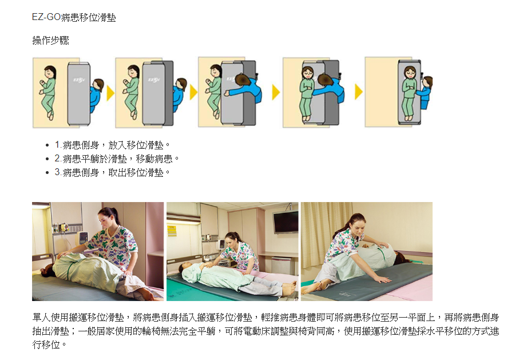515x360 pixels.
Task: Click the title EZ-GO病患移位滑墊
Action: pos(74,17)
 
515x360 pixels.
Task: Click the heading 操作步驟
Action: pos(50,41)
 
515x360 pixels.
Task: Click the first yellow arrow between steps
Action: pos(110,93)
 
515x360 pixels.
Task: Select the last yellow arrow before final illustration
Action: pos(359,92)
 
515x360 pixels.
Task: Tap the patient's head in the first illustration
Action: pos(50,72)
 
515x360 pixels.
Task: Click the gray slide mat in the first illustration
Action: pos(79,94)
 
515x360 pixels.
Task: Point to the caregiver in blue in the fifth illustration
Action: pos(425,92)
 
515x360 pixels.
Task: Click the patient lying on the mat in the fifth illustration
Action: pos(409,94)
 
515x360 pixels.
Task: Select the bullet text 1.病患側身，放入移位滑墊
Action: pos(112,145)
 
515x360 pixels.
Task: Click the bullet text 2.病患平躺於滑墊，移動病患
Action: pos(117,159)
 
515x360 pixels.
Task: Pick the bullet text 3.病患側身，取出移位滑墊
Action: pos(112,172)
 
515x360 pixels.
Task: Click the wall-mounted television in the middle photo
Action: pos(286,222)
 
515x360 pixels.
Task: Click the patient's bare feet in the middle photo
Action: pos(290,288)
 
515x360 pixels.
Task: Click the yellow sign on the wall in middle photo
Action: pos(172,230)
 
